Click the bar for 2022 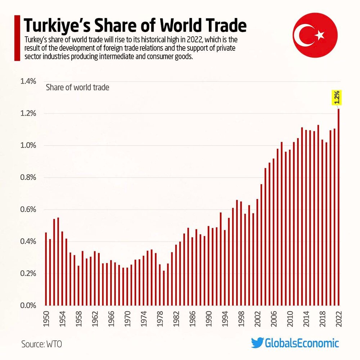338,207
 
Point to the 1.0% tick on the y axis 29,145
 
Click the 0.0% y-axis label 29,306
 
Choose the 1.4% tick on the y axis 29,81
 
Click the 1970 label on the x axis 127,319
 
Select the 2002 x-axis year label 257,319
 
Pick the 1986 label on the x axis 192,319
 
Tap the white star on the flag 320,35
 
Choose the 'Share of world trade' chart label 77,87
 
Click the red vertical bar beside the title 16,38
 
